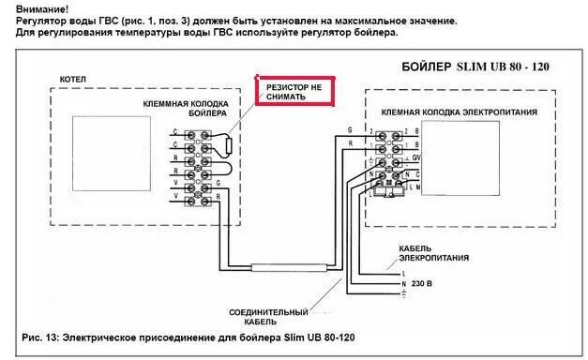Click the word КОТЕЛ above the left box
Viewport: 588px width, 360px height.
pos(73,81)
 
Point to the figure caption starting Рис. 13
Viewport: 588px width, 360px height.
pos(188,336)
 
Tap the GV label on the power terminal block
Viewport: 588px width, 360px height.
pos(417,159)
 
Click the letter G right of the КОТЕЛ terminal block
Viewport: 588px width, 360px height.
pos(219,186)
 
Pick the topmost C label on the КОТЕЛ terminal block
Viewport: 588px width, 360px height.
pos(177,134)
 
